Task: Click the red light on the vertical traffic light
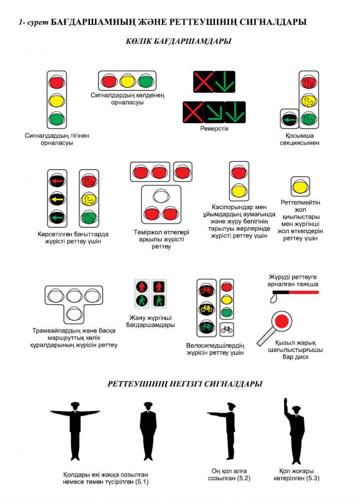point(57,81)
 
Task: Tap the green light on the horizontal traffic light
point(145,81)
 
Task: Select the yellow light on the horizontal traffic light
point(127,81)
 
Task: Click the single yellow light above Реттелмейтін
point(300,187)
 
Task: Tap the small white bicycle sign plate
point(227,329)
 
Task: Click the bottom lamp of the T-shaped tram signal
point(75,313)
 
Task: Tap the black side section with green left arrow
point(288,119)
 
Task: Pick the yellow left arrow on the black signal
point(57,199)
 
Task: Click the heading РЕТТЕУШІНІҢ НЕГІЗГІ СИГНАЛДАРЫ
point(185,384)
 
